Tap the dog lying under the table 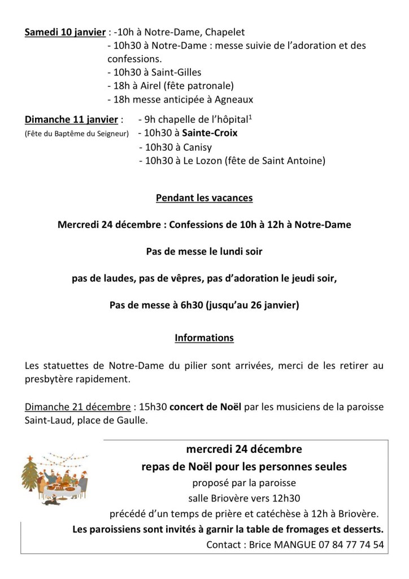(x=53, y=500)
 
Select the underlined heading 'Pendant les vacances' (x=204, y=198)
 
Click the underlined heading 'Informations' (x=204, y=338)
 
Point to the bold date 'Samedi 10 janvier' (x=66, y=32)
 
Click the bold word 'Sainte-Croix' (x=210, y=133)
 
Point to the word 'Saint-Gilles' (x=175, y=72)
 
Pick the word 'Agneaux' (x=233, y=100)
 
